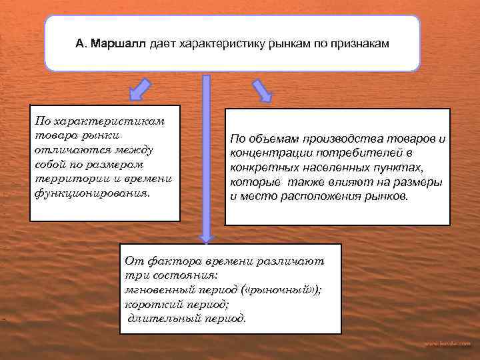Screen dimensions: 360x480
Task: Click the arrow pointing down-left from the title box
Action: click(141, 89)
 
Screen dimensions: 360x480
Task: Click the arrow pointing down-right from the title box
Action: click(262, 91)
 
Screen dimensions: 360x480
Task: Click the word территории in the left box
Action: click(64, 179)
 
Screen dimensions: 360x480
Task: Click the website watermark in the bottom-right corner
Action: click(447, 343)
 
